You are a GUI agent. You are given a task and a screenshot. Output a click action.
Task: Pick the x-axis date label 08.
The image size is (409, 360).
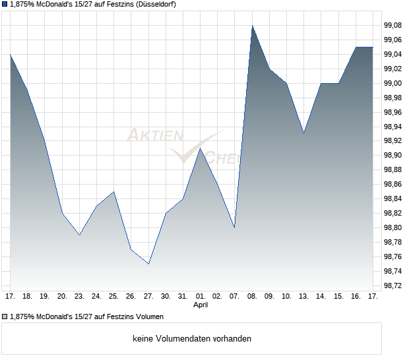coord(252,297)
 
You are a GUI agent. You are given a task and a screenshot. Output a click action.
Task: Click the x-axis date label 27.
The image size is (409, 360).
coord(148,297)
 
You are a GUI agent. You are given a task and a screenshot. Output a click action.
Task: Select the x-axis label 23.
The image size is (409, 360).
coord(79,297)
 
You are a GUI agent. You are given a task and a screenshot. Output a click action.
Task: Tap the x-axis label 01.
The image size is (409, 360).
coord(201,297)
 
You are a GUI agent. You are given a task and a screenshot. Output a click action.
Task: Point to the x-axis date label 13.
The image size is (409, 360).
coord(303,297)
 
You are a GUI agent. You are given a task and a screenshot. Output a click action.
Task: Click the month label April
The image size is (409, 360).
coord(201,305)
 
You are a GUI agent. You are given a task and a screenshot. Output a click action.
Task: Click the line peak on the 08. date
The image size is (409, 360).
coord(252,26)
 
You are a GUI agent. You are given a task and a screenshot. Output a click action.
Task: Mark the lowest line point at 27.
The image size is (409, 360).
coord(148,264)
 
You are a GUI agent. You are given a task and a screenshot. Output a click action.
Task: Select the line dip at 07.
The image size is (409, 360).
coord(234,227)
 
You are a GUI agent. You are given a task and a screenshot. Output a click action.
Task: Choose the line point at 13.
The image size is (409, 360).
coord(303,133)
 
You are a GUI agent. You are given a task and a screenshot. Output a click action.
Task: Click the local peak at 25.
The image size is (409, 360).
coord(114,191)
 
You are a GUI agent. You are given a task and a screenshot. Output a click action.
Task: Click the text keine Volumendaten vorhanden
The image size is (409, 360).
coord(192,339)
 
